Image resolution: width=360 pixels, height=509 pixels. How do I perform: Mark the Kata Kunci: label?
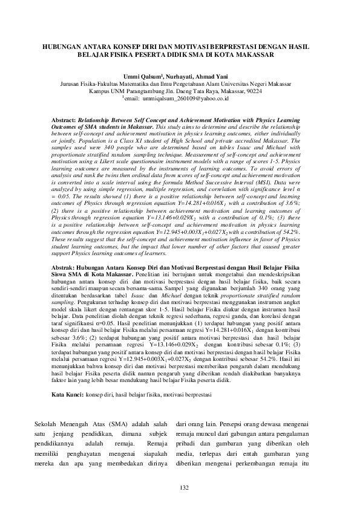(x=67, y=394)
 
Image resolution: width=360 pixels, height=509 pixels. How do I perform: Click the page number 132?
(x=180, y=487)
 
